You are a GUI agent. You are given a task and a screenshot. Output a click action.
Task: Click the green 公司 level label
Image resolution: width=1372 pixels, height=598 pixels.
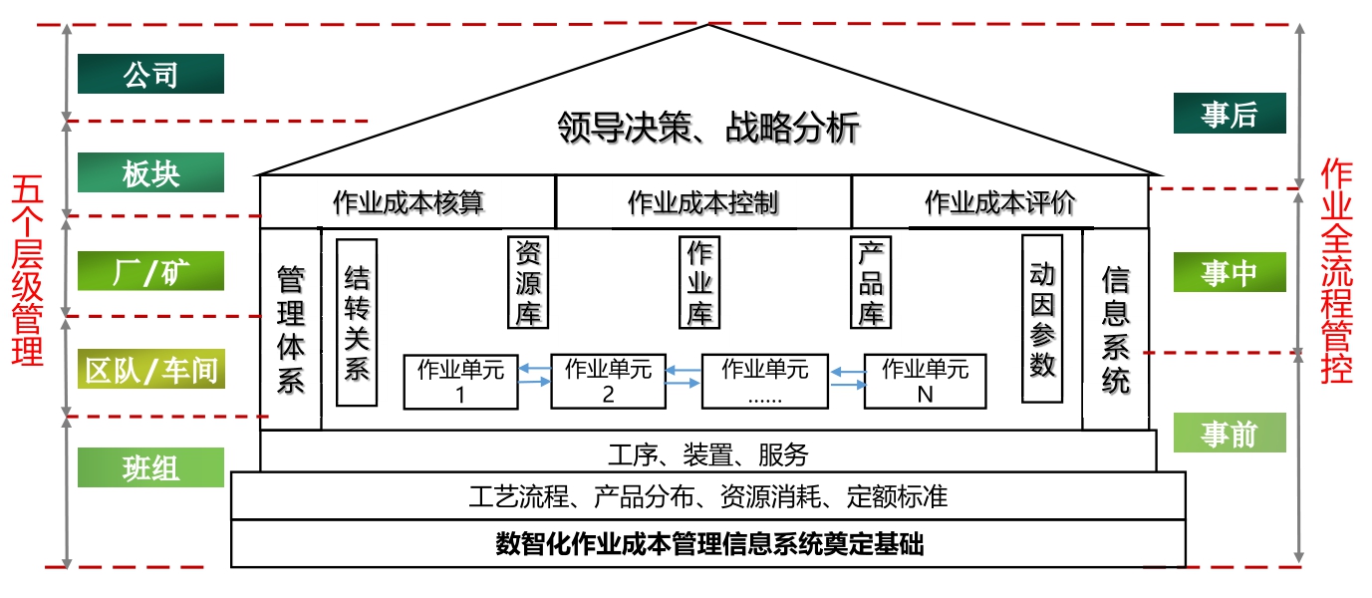coord(150,74)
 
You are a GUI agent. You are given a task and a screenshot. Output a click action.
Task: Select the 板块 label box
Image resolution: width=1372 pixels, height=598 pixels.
coord(150,172)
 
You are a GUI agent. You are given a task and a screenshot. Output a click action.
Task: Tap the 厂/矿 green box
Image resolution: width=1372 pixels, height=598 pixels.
coord(150,271)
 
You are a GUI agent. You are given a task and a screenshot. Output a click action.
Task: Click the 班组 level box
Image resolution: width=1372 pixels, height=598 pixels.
coord(150,466)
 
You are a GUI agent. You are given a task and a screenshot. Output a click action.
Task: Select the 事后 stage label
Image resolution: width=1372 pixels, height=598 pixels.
coord(1229,114)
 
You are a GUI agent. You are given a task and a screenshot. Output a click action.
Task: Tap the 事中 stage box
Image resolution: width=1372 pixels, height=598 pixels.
coord(1229,272)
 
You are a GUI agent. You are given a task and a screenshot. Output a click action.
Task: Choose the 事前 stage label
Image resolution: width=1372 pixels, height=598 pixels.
coord(1229,433)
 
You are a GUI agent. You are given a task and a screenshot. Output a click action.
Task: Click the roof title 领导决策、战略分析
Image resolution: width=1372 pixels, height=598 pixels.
coord(707,129)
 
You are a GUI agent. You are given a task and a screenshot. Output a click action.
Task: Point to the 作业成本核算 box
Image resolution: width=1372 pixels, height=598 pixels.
coord(408,202)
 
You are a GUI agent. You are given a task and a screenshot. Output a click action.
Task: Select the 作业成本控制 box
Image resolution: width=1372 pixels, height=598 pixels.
coord(702,202)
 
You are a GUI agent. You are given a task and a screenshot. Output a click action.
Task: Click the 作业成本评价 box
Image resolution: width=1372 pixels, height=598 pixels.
coord(999,202)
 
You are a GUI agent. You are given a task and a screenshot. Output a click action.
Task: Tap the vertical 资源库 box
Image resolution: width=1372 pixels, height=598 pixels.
coord(528,282)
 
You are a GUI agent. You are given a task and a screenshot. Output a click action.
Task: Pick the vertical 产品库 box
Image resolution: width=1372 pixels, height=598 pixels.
coord(872,282)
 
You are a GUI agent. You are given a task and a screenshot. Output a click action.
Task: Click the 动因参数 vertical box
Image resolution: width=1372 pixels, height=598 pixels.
coord(1042,319)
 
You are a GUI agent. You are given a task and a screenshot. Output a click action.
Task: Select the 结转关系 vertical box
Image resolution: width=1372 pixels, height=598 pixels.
coord(357,322)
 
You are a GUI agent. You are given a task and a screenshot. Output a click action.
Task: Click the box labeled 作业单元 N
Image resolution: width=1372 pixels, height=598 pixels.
coord(925,381)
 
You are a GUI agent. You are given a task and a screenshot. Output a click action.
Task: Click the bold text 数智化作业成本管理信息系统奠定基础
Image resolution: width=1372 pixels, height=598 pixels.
coord(708,544)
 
